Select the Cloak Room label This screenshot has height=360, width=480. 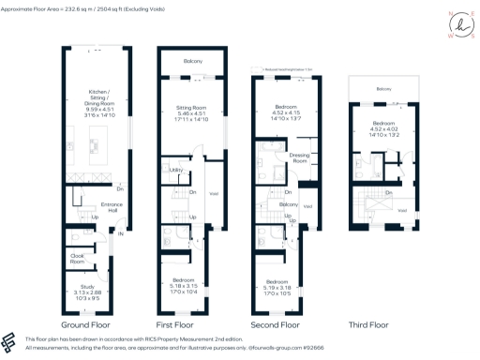79,260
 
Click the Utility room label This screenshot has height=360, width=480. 174,171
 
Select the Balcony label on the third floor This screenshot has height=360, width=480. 383,89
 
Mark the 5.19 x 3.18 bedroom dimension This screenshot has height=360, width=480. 285,288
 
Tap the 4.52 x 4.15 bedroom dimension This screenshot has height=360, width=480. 285,114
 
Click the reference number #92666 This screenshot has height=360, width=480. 324,348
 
